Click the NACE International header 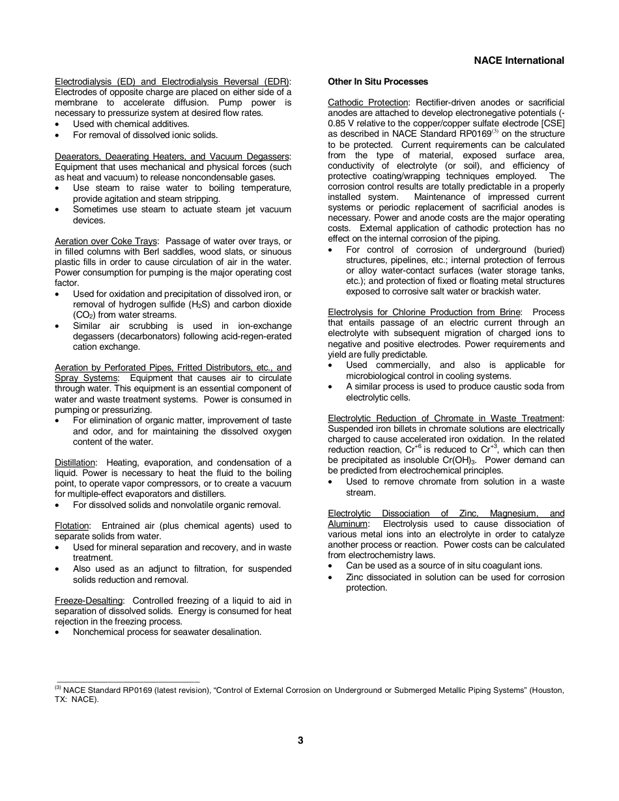click(519, 61)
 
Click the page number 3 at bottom click(300, 740)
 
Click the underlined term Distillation click(75, 462)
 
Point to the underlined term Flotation click(72, 526)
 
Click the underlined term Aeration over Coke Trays click(106, 241)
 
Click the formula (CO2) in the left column click(85, 315)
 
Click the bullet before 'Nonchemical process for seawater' click(58, 632)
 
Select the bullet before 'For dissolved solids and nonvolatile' click(58, 505)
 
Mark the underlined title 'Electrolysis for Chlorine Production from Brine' click(424, 312)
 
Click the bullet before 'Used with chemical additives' click(58, 124)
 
